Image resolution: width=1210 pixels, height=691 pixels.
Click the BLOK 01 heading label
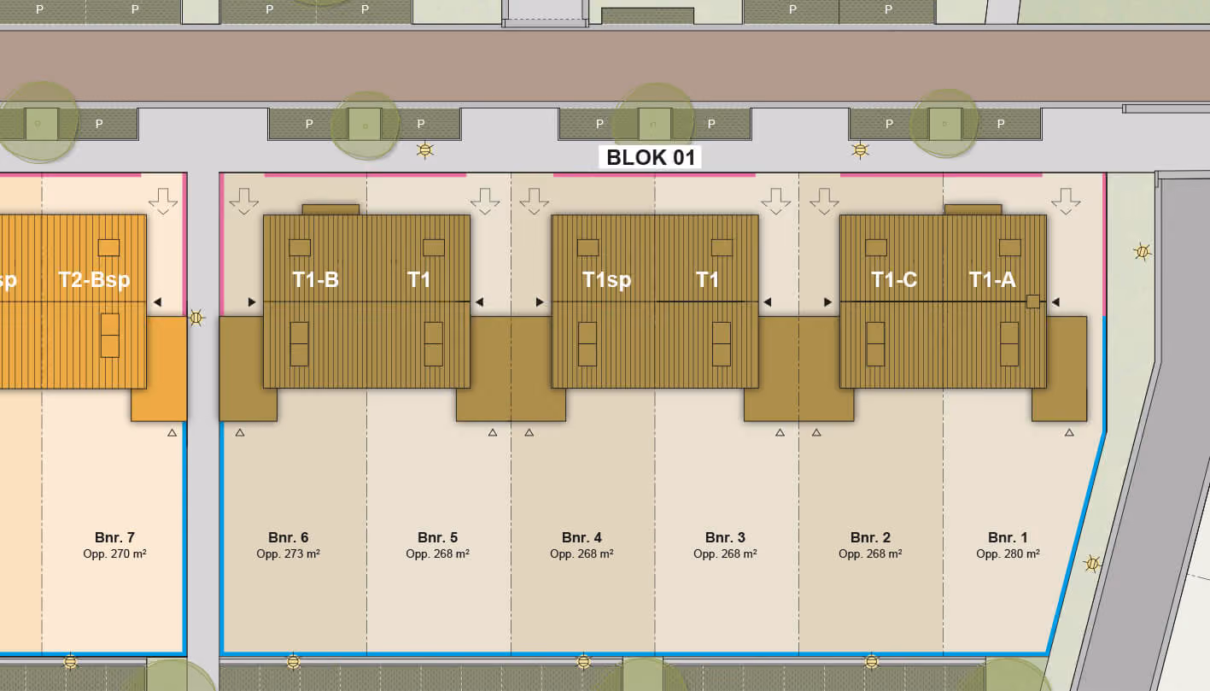coord(651,158)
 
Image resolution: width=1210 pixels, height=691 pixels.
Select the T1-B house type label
coord(315,280)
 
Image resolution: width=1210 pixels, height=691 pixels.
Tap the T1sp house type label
coord(606,280)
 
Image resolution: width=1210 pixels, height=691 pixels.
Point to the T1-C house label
coord(894,280)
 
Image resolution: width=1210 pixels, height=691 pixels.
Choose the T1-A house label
coord(992,280)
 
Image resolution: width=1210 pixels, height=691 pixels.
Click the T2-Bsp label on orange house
coord(94,280)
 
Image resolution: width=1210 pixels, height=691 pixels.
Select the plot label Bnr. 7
coord(114,537)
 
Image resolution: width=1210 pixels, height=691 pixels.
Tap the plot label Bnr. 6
coord(289,537)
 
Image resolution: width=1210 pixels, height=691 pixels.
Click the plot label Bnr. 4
coord(582,537)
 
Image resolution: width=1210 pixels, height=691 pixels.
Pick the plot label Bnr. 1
coord(1008,537)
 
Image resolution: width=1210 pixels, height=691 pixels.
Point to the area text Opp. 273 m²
coord(289,553)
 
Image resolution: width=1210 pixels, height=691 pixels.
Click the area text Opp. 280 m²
coord(1008,553)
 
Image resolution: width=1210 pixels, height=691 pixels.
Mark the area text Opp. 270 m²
coord(114,553)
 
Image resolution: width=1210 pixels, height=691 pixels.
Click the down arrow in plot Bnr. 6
coord(244,201)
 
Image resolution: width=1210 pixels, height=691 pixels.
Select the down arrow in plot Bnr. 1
coord(1066,201)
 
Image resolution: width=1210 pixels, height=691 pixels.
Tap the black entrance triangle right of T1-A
coord(1055,302)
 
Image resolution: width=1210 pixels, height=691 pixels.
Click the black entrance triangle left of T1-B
coord(252,302)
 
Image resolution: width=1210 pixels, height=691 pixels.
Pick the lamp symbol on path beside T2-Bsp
coord(196,318)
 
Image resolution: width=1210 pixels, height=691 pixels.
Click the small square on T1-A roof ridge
coord(1033,302)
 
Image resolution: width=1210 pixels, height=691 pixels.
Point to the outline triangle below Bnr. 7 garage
coord(172,433)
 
